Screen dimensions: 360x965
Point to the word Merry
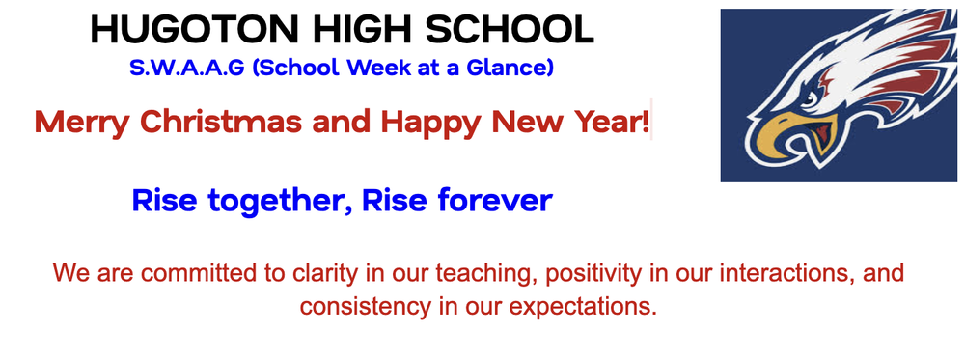click(84, 123)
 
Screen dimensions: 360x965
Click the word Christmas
click(222, 123)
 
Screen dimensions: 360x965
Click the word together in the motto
click(271, 201)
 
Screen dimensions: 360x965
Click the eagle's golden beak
click(777, 135)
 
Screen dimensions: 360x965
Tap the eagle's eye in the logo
click(809, 97)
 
